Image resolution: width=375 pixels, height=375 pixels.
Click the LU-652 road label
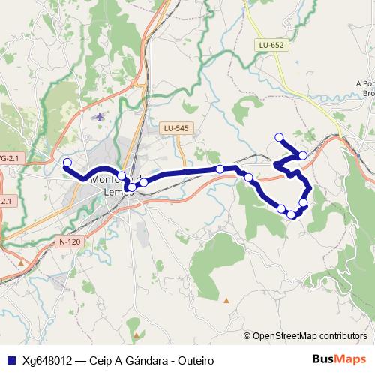271,46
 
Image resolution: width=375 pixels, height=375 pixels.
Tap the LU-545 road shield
176,129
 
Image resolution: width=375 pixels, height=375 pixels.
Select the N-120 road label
69,242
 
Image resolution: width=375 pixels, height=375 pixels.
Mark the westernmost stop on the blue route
67,163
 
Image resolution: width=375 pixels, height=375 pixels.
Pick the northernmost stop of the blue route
279,136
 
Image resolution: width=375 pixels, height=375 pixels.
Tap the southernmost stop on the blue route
291,215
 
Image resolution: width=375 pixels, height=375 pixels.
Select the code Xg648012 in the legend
46,360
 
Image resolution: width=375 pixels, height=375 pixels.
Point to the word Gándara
138,360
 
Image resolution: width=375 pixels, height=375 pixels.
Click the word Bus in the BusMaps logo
324,359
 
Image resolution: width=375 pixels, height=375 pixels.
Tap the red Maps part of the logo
352,359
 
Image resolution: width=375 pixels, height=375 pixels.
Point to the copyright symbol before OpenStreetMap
247,336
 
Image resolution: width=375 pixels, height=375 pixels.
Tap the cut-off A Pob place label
365,84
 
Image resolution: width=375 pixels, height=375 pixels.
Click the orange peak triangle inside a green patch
136,331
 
